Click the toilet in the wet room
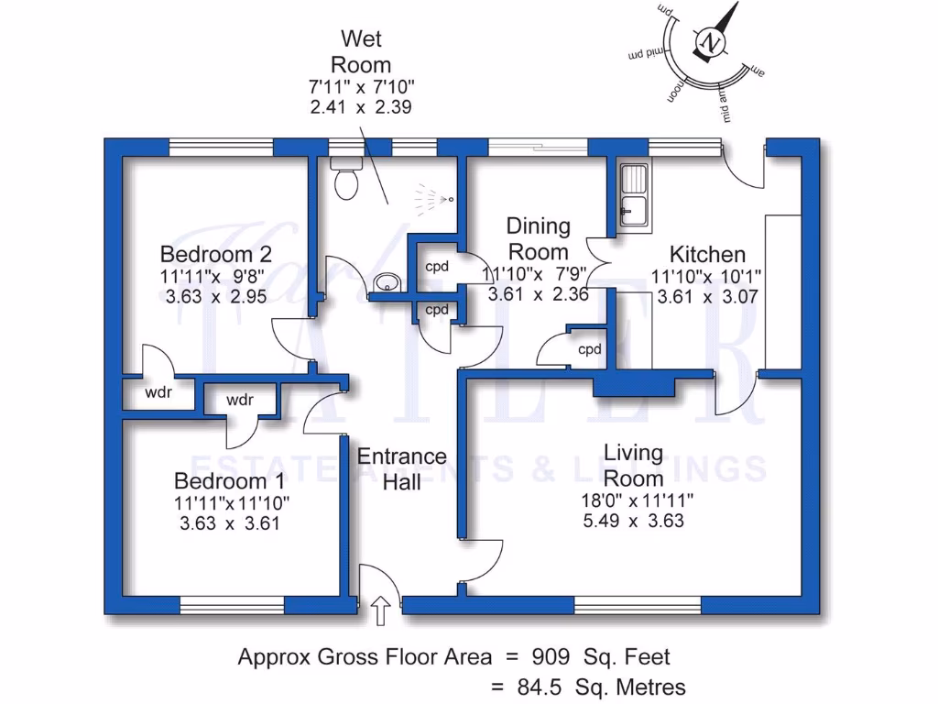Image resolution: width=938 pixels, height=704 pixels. [346, 181]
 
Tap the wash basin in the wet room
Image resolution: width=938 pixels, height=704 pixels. [385, 285]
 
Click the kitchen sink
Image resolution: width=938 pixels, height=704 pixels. [633, 196]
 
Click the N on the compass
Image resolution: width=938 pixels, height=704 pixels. [711, 41]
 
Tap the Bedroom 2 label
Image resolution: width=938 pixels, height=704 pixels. [216, 254]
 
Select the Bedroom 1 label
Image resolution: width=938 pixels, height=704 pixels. [230, 481]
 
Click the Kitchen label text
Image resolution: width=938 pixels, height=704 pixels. [707, 254]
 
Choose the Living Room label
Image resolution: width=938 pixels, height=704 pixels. [633, 465]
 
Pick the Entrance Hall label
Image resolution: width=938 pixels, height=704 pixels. [402, 468]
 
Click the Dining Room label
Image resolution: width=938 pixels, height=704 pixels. [539, 238]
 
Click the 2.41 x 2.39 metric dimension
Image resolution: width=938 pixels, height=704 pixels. [360, 106]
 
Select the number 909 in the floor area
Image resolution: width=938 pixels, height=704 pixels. [554, 657]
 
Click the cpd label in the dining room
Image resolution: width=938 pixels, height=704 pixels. [589, 349]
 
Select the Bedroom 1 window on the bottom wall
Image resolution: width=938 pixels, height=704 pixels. [233, 605]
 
